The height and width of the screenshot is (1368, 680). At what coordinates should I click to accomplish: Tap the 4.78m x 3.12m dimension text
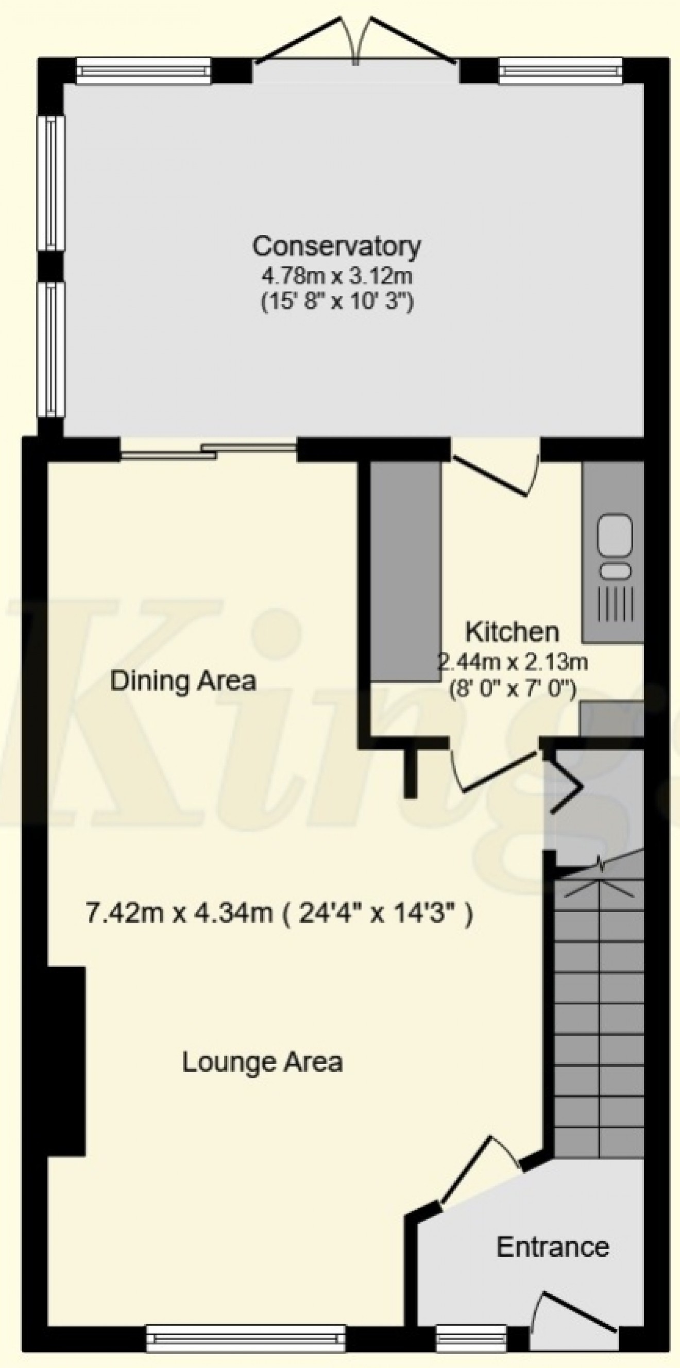pyautogui.click(x=336, y=276)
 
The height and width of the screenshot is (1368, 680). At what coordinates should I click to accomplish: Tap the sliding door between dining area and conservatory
pyautogui.click(x=209, y=449)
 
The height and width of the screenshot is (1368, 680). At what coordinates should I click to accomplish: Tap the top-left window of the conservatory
pyautogui.click(x=143, y=71)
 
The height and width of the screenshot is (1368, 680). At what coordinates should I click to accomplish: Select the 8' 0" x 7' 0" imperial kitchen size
pyautogui.click(x=512, y=690)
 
